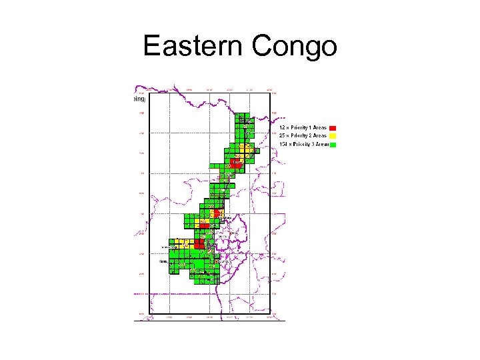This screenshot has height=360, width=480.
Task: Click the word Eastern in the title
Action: [193, 47]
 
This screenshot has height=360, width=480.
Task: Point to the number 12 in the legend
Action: [282, 127]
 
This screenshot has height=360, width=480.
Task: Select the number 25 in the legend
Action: [282, 135]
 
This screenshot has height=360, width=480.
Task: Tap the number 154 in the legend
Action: [283, 143]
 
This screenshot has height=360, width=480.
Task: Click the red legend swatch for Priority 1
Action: [333, 127]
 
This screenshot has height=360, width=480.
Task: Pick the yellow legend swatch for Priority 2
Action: [333, 135]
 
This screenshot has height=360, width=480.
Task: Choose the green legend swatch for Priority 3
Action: [333, 143]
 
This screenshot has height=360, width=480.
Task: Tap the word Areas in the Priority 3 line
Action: [321, 143]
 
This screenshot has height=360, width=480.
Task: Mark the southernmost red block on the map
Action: [199, 244]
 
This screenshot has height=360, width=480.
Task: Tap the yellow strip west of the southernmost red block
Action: [181, 244]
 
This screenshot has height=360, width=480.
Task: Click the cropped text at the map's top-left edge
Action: [139, 99]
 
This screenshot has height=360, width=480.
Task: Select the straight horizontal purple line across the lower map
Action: [200, 293]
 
